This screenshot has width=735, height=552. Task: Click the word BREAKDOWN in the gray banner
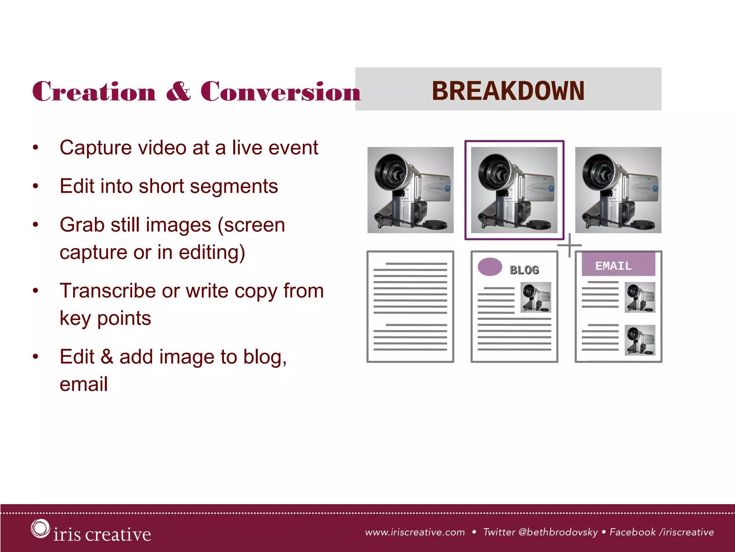(x=508, y=91)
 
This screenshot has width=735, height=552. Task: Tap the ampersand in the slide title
(x=178, y=91)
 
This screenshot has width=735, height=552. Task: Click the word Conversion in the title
(x=280, y=91)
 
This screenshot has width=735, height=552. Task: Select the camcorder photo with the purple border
(x=514, y=190)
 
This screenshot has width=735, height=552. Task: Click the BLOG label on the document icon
(x=524, y=270)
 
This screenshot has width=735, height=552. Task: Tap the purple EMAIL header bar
(x=618, y=265)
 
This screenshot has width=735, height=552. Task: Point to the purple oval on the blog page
(x=490, y=267)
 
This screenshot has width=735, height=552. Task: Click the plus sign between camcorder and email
(x=570, y=245)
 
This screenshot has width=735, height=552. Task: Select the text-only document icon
(x=410, y=307)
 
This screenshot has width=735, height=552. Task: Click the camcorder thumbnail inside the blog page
(x=536, y=297)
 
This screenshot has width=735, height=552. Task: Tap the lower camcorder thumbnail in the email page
(x=640, y=340)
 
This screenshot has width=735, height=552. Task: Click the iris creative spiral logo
(x=40, y=529)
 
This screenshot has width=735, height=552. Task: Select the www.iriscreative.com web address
(x=415, y=532)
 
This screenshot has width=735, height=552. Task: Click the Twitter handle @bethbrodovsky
(x=558, y=532)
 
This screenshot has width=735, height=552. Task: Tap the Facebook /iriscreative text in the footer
(x=662, y=532)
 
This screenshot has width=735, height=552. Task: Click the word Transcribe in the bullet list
(x=107, y=291)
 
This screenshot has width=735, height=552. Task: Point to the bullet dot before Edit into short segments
(x=35, y=186)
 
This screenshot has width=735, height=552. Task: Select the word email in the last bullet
(x=84, y=384)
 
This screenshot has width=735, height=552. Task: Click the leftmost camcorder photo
(x=410, y=190)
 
